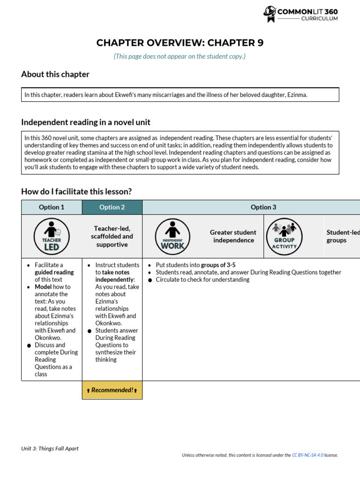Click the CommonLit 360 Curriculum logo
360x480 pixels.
(300, 14)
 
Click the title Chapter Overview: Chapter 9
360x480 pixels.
(180, 43)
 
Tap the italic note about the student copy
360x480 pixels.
(180, 56)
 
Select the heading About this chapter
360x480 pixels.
(55, 74)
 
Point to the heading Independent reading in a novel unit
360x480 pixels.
(86, 122)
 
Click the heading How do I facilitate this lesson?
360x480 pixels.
(76, 191)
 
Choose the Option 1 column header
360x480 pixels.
(52, 207)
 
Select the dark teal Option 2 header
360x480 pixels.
(112, 207)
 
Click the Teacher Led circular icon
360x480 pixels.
(52, 236)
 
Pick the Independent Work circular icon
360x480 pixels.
(172, 236)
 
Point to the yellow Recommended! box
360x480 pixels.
(112, 390)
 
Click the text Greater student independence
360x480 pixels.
(233, 236)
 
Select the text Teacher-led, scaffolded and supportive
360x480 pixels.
(112, 236)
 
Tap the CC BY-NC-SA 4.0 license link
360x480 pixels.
(307, 455)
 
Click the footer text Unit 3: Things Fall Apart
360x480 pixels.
(50, 449)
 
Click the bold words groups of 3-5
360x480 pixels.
(218, 265)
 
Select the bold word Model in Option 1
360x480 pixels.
(43, 287)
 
